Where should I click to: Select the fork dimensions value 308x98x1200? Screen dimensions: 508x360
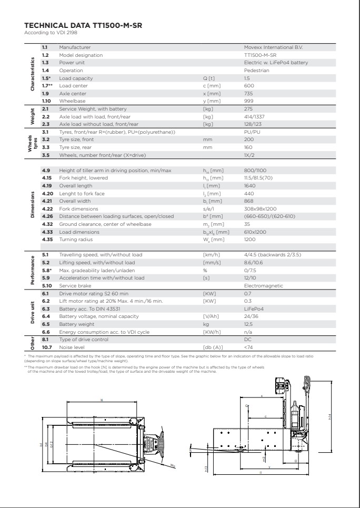click(259, 209)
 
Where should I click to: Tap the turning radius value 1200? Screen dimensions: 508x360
click(250, 239)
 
